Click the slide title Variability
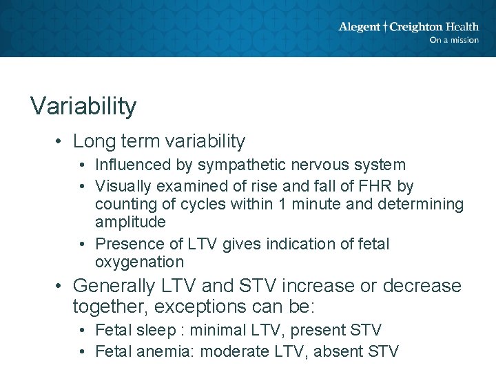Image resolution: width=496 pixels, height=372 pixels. click(x=83, y=106)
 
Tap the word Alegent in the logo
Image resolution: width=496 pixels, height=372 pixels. click(x=359, y=27)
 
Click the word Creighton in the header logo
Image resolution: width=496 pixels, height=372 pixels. click(x=416, y=27)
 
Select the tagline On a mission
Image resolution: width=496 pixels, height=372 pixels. click(x=453, y=40)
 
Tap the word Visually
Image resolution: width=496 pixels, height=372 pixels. click(x=121, y=186)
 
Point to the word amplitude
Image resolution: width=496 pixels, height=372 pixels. click(x=130, y=222)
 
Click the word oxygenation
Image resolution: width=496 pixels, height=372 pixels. click(x=139, y=262)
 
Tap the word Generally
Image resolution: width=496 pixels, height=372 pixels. click(x=115, y=285)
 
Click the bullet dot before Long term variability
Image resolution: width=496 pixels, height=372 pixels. click(x=61, y=142)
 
